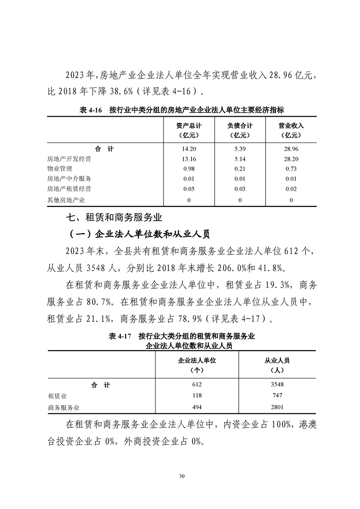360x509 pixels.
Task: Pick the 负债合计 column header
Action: point(240,130)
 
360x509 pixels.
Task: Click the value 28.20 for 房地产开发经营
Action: point(291,159)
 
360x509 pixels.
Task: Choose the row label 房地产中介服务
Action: point(69,179)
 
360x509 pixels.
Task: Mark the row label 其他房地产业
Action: point(66,200)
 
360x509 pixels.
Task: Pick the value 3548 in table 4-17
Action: point(277,385)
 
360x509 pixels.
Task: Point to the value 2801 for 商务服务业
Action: point(277,407)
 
